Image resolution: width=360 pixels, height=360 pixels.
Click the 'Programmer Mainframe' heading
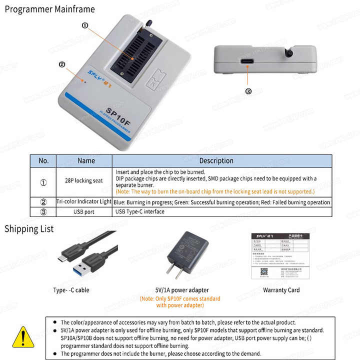[x=49, y=9]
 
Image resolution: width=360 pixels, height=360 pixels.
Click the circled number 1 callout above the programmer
[x=84, y=24]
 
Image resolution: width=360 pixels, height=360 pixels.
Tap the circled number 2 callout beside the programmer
[x=62, y=64]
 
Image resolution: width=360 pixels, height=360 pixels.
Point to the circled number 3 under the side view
[x=248, y=91]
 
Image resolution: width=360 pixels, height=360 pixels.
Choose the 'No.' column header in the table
[x=43, y=161]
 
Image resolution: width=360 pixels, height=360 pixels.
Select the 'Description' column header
[x=216, y=161]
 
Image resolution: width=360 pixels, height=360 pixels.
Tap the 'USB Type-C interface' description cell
[x=139, y=211]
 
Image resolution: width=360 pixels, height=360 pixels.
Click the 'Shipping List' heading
[x=29, y=229]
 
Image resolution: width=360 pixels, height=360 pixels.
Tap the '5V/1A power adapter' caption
[x=181, y=290]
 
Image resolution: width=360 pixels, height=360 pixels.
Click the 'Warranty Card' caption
[x=281, y=290]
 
